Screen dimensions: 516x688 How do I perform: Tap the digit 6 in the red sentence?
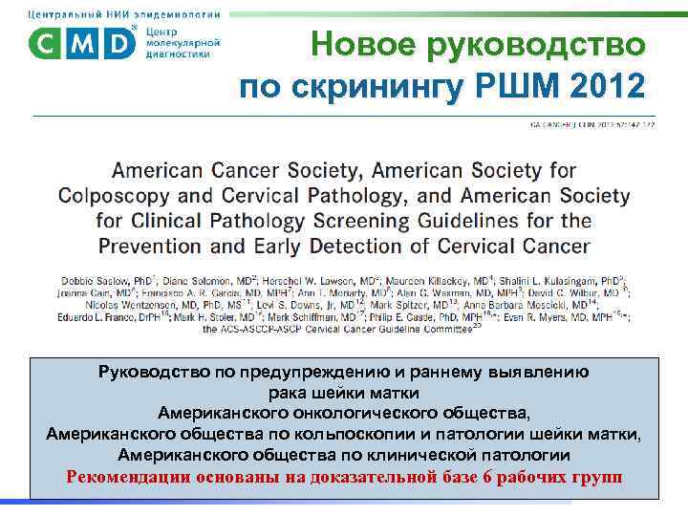(484, 476)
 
